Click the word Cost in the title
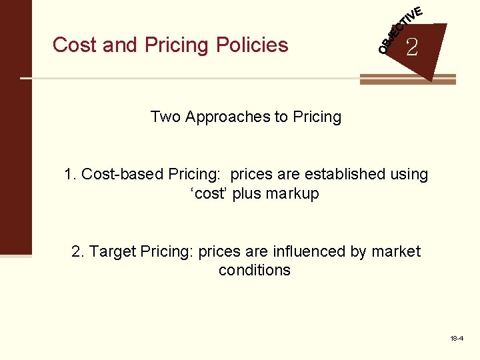pos(68,45)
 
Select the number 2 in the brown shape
pos(412,47)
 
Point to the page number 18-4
pos(457,339)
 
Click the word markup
pos(293,194)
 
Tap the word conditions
pos(255,271)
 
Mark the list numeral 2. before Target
pos(78,252)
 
